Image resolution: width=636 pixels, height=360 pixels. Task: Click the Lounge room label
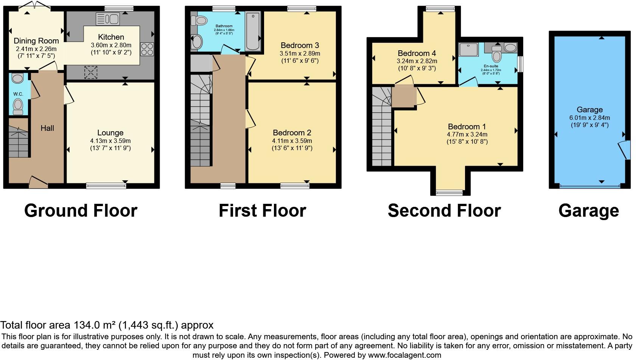pos(110,133)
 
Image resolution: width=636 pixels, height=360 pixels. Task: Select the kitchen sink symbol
pos(108,19)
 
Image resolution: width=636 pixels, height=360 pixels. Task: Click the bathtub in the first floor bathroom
pos(253,31)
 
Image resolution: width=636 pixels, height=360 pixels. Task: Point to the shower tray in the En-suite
pos(468,50)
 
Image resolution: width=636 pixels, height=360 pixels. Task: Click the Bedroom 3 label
pos(297,45)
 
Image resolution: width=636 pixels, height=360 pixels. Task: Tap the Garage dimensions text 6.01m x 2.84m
pos(589,118)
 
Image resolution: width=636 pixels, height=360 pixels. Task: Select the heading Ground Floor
pos(81,211)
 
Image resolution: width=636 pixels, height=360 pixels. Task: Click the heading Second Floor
pos(444,211)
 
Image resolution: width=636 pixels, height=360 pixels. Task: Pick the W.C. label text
pos(18,94)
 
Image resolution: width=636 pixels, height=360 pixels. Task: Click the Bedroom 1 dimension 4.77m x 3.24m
pos(467,134)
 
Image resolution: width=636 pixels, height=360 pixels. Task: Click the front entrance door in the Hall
pos(39,182)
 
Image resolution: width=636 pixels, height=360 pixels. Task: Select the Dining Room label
pos(36,41)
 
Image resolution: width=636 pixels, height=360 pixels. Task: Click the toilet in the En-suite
pos(497,55)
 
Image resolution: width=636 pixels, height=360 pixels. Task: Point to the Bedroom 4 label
pos(414,53)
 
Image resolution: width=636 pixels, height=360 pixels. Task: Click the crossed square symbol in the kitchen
pos(90,72)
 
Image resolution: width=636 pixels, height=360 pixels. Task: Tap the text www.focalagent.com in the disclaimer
pos(404,355)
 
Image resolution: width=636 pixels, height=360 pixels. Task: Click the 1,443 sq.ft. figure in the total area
pos(149,325)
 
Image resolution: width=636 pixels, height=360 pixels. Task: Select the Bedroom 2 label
pos(292,133)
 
